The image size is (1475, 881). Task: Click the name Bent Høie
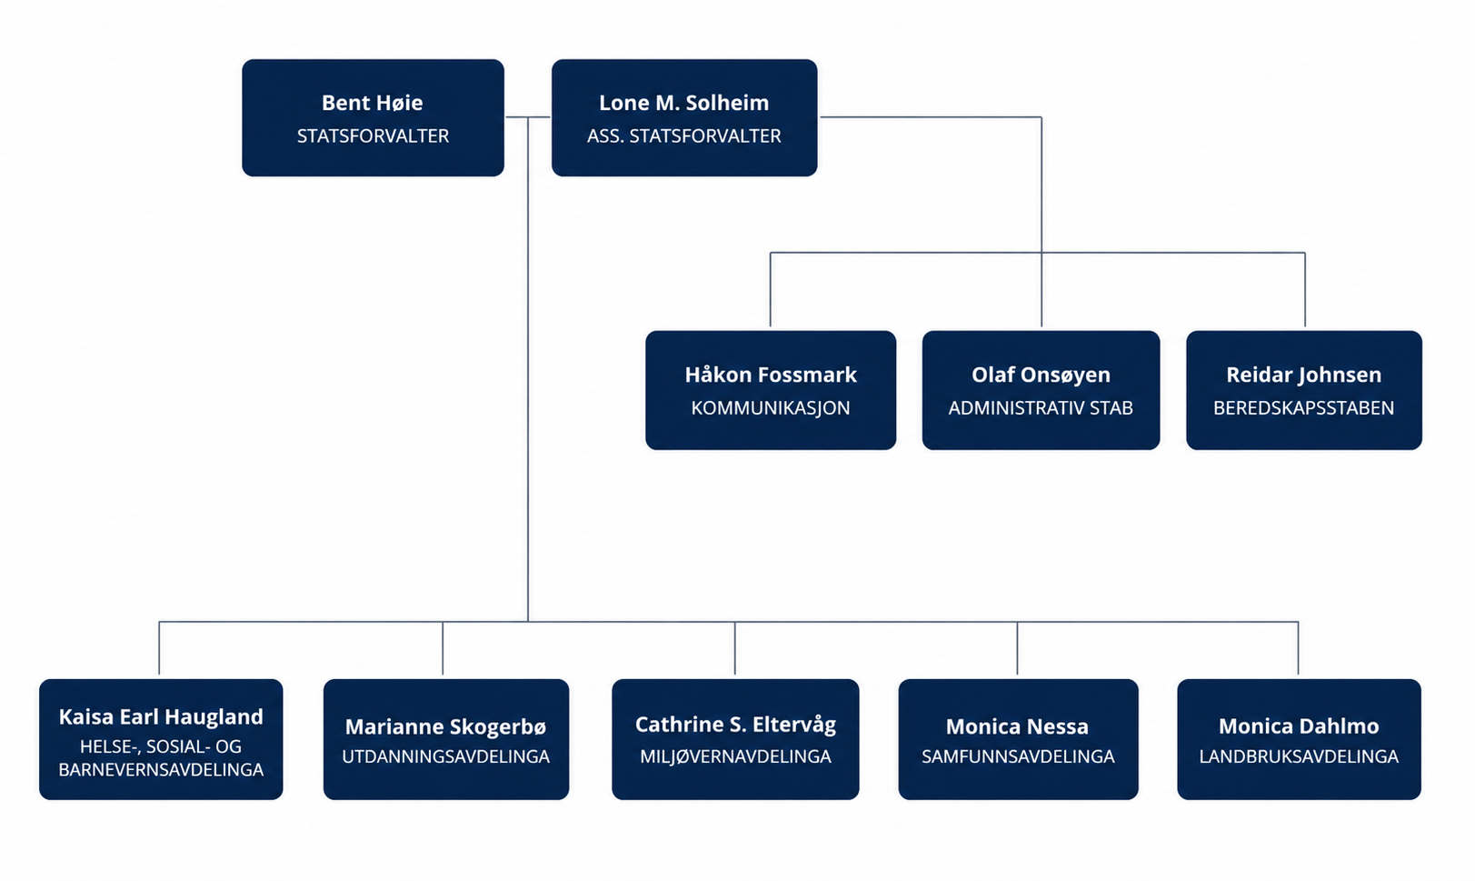372,103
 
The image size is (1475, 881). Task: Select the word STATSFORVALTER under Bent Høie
373,135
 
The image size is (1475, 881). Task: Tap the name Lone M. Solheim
684,103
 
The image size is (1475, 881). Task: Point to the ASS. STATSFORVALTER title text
684,135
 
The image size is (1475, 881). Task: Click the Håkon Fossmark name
771,375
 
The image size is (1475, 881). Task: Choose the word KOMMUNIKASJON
771,408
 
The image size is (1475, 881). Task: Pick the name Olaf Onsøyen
1041,375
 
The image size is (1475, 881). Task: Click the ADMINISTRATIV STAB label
1041,408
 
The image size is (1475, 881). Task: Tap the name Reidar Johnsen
1304,375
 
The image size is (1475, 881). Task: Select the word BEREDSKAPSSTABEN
1304,408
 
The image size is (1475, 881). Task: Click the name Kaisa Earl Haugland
161,717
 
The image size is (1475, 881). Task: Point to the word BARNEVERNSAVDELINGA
161,770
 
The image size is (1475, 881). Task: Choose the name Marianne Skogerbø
446,726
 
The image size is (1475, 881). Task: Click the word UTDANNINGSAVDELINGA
446,756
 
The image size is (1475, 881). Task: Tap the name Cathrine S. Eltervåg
735,725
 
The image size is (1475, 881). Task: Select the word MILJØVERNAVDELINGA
735,756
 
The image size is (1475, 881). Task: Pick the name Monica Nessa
1017,726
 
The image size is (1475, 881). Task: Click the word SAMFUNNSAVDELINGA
1018,756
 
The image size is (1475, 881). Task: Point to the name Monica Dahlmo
1299,726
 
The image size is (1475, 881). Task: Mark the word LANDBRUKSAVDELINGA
1299,756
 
